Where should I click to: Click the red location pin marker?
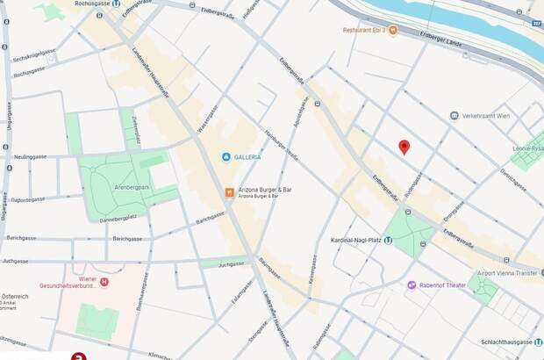pyautogui.click(x=404, y=147)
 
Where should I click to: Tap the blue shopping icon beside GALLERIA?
pyautogui.click(x=226, y=156)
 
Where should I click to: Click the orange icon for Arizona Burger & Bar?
pyautogui.click(x=228, y=191)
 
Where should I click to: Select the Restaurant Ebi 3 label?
pyautogui.click(x=363, y=30)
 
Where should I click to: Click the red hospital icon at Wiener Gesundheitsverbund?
pyautogui.click(x=104, y=282)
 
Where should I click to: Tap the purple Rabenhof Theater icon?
pyautogui.click(x=411, y=284)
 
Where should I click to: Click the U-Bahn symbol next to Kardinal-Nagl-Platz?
pyautogui.click(x=388, y=240)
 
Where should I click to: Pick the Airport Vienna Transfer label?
pyautogui.click(x=505, y=274)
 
